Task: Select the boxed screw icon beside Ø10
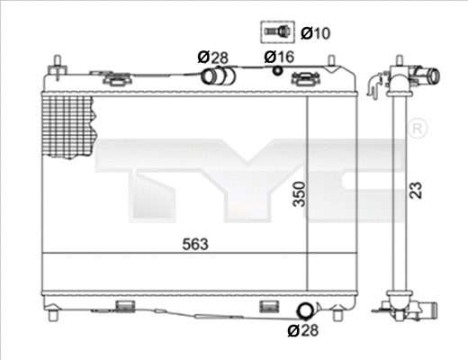(x=277, y=32)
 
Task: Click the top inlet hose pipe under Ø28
(x=214, y=76)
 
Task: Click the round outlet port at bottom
(x=306, y=311)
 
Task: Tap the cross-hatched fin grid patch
(x=68, y=127)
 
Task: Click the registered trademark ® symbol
(x=417, y=130)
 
